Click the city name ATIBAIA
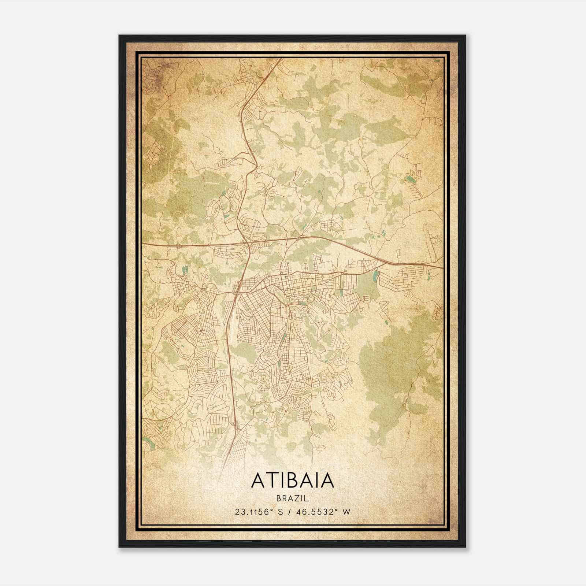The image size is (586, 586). pos(293,481)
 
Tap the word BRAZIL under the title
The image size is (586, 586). pos(293,498)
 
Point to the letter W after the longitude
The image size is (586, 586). pos(346,512)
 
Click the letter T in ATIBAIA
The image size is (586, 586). pos(270,481)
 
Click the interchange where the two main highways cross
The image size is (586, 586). pos(248,242)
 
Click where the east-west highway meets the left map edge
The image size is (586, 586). pos(143,243)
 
